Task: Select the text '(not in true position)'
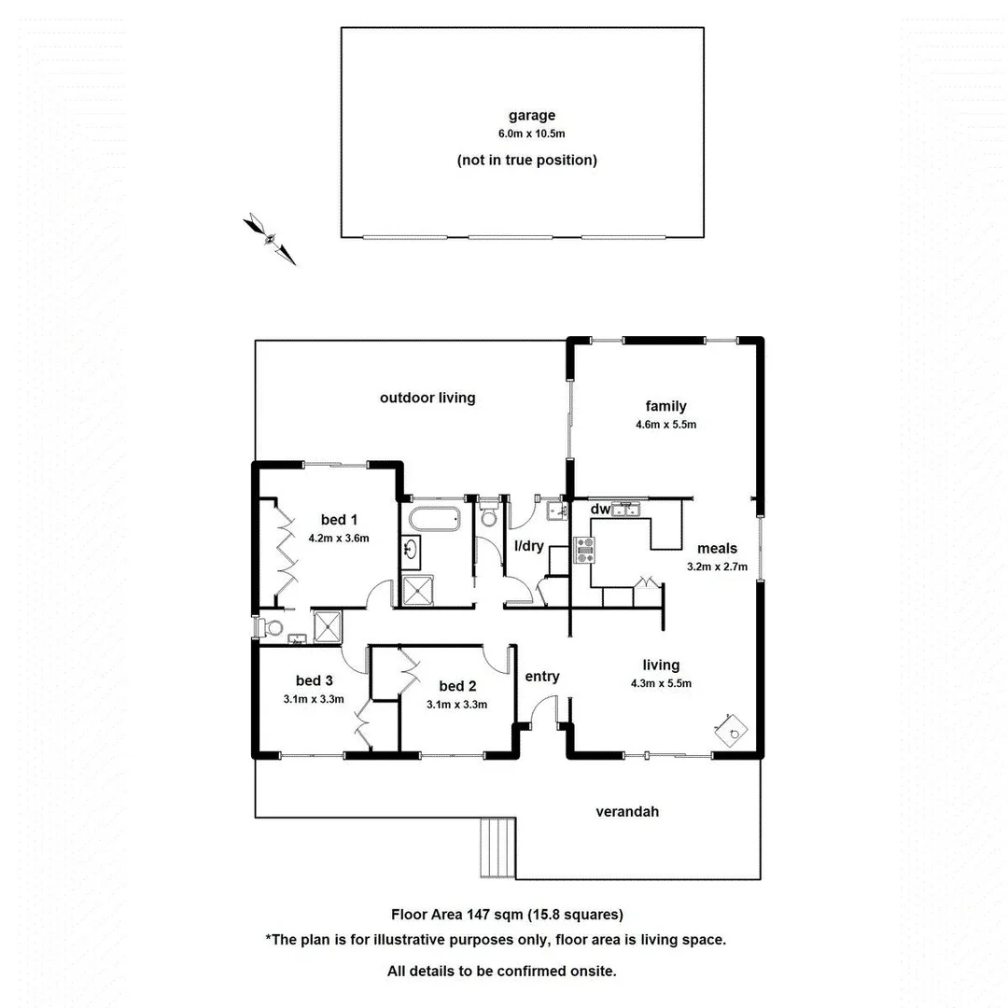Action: tap(526, 161)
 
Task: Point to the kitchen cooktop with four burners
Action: tap(584, 551)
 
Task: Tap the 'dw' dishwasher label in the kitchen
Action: tap(600, 510)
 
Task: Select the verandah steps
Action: tap(497, 847)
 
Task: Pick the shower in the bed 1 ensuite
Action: tap(328, 627)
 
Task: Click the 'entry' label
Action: tap(542, 677)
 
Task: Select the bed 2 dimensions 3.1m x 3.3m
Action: tap(457, 705)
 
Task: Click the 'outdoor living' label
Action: tap(427, 398)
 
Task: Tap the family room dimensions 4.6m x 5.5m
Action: tap(665, 425)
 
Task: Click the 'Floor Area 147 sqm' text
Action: tap(455, 915)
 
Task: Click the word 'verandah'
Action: tap(627, 812)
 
